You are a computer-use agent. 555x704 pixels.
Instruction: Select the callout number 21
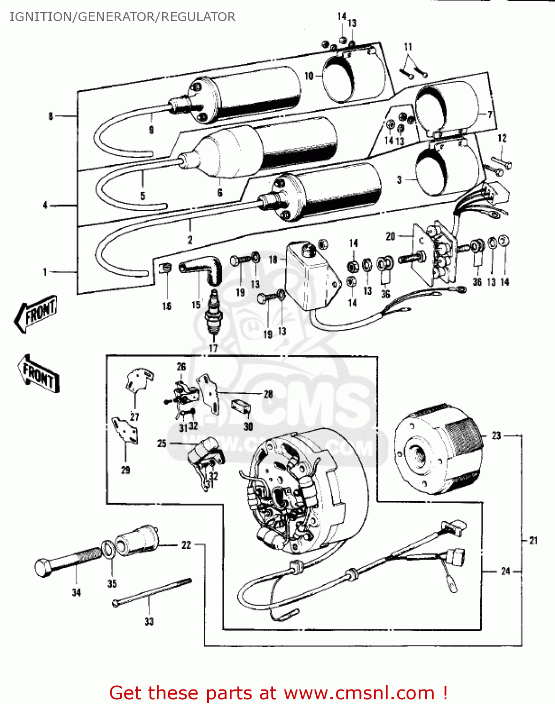click(533, 541)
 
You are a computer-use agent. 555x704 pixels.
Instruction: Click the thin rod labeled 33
click(151, 593)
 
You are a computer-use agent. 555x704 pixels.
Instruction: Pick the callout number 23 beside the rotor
click(496, 436)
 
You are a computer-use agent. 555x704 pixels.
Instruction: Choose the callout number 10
click(309, 76)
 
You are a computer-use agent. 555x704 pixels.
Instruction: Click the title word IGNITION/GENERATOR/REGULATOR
click(122, 17)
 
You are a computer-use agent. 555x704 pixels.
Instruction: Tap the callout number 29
click(125, 470)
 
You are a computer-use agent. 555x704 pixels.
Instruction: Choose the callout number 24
click(505, 571)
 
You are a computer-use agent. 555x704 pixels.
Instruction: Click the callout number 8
click(51, 116)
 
